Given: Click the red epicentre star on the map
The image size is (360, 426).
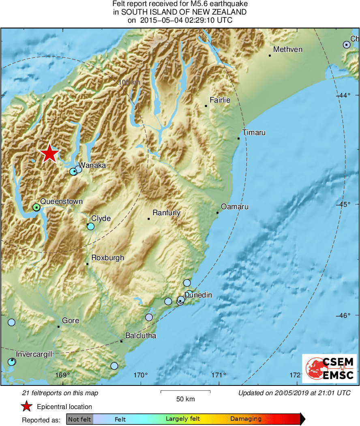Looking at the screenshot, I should coord(49,153).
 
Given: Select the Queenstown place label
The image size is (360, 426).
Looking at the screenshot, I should coord(62,201).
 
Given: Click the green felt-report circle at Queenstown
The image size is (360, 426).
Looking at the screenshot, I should coord(36,207).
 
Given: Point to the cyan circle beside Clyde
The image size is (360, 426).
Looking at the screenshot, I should coord(91,226).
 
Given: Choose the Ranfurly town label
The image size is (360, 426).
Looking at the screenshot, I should coord(166,213).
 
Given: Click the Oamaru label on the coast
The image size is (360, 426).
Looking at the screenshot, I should coord(235,207).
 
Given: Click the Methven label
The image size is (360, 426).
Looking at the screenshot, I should coord(288,49).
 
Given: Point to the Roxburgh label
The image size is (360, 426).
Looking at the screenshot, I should coord(107,258).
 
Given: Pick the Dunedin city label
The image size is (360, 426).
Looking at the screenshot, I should coord(198,295).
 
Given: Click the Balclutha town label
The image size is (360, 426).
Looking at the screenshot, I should coord(141,336).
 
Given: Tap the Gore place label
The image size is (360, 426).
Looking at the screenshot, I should coord(71,321).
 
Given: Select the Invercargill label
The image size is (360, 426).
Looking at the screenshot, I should coord(34,354).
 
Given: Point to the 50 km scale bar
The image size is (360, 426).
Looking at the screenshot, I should coord(185,392).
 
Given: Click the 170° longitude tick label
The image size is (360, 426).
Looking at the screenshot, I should coord(141,375).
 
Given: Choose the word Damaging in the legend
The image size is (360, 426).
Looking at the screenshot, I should coord(246,419).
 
